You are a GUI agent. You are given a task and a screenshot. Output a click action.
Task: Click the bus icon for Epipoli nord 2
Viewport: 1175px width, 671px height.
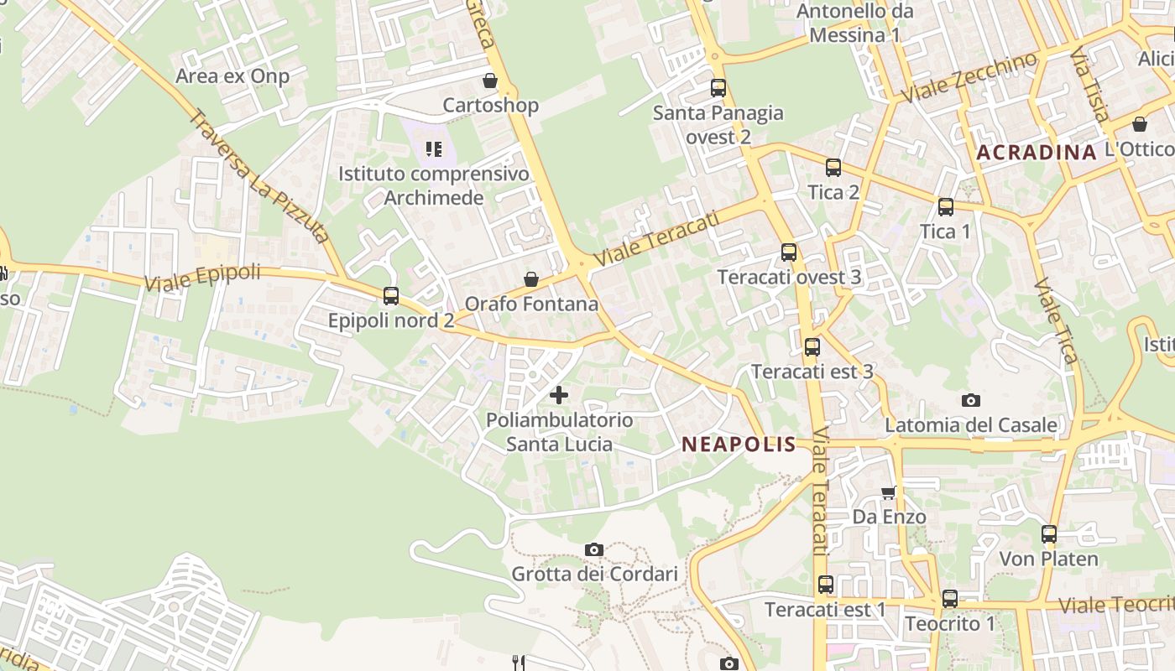(391, 295)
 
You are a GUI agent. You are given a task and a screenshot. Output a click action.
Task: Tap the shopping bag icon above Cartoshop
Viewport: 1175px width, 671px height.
(490, 81)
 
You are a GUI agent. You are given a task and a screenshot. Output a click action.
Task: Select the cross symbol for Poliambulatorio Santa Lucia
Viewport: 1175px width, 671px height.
(559, 394)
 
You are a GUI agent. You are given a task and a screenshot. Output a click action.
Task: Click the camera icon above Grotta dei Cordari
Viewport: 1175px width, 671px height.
(594, 549)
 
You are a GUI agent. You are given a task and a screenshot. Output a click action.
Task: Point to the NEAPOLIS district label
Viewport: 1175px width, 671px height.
(739, 445)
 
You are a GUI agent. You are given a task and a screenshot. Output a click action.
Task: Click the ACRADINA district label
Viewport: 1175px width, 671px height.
(1037, 153)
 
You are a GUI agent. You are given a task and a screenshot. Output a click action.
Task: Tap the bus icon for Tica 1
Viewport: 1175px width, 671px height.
(946, 206)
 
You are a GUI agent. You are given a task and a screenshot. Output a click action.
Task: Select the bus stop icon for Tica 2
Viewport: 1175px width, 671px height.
(833, 167)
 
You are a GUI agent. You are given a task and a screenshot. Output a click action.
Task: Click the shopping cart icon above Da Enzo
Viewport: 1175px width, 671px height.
(889, 492)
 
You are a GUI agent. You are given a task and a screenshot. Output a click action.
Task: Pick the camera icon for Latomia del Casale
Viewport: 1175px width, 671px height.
(971, 400)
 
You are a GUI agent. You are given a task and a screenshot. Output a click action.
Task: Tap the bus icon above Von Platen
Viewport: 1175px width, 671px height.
(1049, 533)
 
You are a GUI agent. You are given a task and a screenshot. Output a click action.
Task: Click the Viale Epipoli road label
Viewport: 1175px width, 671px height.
(202, 278)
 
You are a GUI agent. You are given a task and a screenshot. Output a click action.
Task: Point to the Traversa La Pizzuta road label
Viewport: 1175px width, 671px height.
(258, 176)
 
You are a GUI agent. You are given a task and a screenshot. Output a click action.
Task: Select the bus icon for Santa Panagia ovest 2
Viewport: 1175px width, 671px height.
(718, 87)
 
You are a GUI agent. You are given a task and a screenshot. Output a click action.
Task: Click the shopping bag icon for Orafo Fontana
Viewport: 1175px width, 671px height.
(531, 278)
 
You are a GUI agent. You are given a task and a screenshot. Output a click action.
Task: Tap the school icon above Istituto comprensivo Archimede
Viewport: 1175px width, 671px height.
(433, 149)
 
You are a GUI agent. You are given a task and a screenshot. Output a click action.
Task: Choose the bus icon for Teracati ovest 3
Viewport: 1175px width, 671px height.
(789, 252)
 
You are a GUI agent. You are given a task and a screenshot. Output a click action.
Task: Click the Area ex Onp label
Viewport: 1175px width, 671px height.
(232, 76)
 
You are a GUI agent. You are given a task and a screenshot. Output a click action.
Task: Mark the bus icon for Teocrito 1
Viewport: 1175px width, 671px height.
(950, 599)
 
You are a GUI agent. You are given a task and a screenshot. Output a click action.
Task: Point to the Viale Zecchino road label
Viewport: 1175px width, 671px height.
(970, 78)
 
